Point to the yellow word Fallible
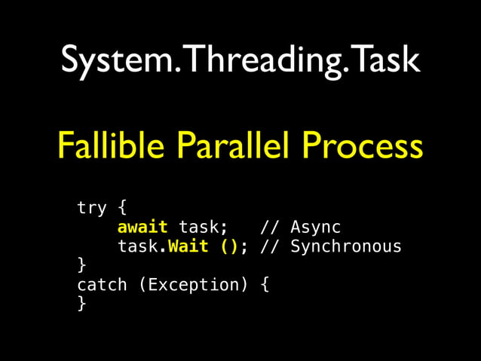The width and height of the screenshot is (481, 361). point(113,145)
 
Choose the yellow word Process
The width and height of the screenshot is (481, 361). point(364,145)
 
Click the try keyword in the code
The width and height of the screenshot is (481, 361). point(91,207)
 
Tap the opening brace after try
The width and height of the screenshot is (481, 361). point(122,207)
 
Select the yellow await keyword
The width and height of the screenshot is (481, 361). point(142,227)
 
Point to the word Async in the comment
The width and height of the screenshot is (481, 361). point(315,227)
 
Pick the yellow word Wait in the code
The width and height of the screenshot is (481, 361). point(188,246)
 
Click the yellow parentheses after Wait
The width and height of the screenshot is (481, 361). point(229,246)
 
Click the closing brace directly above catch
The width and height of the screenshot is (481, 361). point(81,265)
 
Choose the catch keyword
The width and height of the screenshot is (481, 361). point(102,285)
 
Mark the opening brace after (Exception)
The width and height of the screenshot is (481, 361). point(265,285)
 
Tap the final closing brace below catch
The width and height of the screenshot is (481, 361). point(81,304)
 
